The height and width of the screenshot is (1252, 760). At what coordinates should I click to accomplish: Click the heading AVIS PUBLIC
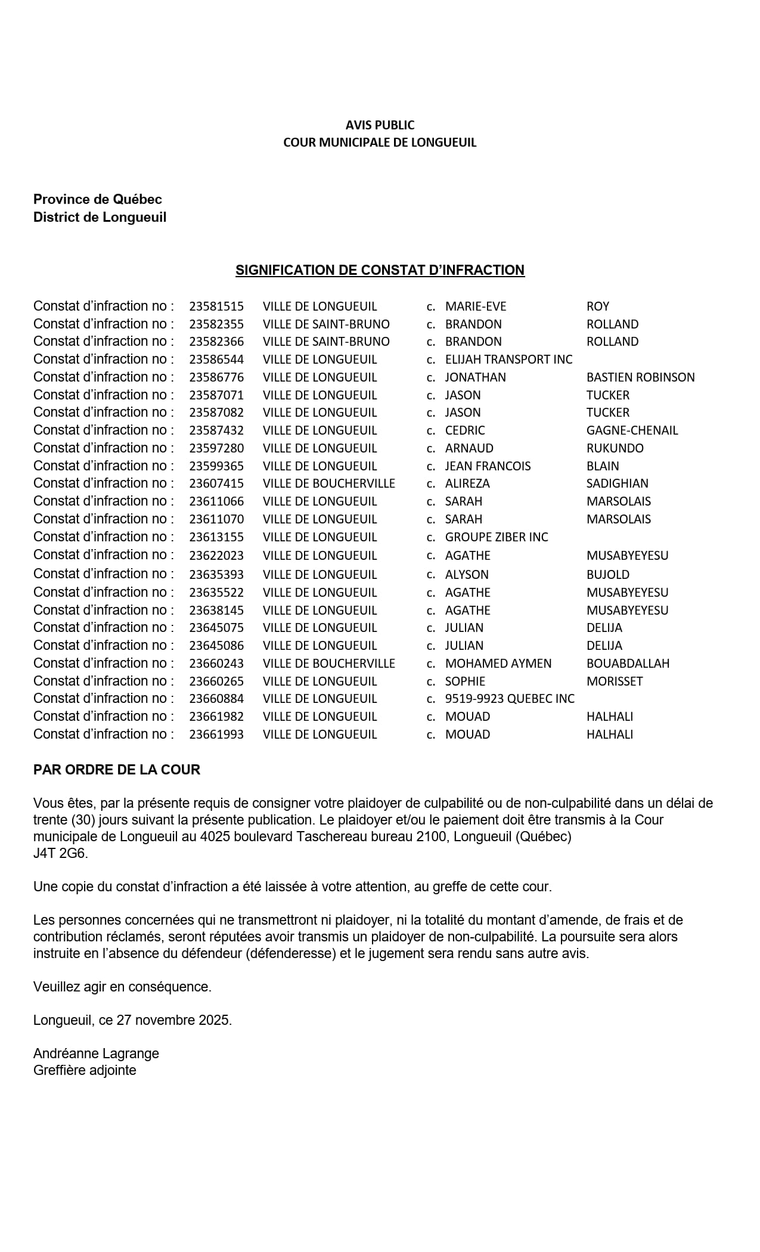(380, 125)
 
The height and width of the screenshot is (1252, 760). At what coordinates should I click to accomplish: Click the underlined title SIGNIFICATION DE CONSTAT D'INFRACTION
(380, 270)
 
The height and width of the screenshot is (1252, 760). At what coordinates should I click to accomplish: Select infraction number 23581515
(216, 306)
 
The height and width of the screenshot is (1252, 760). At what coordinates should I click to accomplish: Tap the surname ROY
(598, 306)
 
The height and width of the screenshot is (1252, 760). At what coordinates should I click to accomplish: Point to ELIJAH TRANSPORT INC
(508, 360)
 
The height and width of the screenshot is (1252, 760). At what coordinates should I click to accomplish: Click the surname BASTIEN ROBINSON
(640, 377)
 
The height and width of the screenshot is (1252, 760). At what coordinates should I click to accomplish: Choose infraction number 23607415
(216, 484)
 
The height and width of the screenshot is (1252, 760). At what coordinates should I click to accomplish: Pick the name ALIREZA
(467, 484)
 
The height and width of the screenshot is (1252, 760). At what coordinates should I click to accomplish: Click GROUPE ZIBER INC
(497, 537)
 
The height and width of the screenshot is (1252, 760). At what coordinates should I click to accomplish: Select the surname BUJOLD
(608, 575)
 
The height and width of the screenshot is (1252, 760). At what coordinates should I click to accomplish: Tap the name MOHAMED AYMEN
(498, 664)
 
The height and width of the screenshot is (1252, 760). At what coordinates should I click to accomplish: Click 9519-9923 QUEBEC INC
(510, 699)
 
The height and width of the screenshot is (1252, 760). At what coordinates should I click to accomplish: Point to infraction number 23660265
(216, 681)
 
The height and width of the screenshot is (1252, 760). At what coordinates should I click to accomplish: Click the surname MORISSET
(615, 681)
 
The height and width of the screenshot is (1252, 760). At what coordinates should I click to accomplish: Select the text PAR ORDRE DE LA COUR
(117, 770)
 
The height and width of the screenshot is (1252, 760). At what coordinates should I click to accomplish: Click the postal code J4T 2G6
(60, 853)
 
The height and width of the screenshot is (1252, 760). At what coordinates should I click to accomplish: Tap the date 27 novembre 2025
(173, 1020)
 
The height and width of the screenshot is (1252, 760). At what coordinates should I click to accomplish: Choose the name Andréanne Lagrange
(96, 1053)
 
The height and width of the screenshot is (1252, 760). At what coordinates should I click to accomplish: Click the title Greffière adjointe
(85, 1070)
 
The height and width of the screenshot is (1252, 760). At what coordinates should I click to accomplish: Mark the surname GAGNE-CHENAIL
(632, 430)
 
